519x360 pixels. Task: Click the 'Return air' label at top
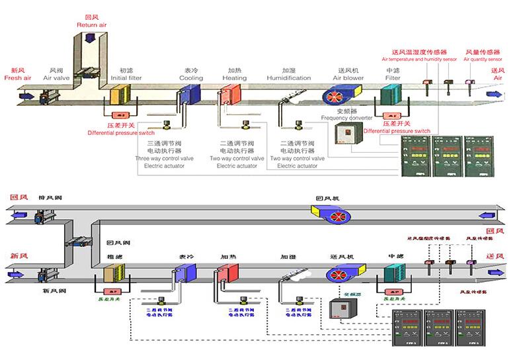[92, 24]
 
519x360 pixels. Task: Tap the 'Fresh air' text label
[18, 77]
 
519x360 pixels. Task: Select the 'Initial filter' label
[126, 77]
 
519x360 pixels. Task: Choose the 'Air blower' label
[348, 77]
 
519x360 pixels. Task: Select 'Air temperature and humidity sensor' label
[420, 59]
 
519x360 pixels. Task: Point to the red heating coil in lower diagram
[227, 274]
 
